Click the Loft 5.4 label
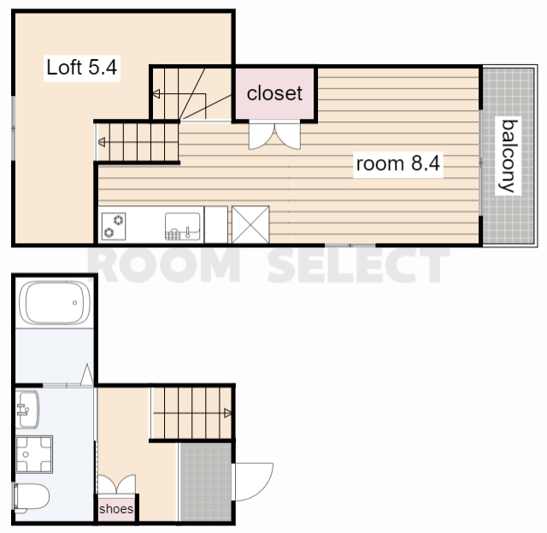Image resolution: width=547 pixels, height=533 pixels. click(82, 68)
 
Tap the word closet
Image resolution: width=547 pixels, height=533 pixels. click(274, 93)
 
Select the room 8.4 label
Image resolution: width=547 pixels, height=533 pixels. click(397, 163)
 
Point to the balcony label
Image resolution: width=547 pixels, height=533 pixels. click(509, 156)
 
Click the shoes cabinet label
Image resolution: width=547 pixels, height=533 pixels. click(116, 509)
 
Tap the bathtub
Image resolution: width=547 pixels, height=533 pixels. click(55, 303)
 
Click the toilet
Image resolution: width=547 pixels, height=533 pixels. click(32, 497)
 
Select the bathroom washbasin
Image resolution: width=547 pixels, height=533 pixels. click(27, 409)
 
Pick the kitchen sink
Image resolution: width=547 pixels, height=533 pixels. click(182, 227)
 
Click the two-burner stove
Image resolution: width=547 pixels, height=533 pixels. click(114, 226)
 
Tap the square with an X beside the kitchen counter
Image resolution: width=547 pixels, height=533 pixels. click(250, 224)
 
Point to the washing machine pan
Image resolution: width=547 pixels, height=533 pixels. click(34, 454)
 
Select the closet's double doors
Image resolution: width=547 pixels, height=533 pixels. click(274, 135)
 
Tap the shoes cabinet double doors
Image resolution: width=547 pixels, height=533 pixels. click(116, 484)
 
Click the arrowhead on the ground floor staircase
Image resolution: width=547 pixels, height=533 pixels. click(227, 413)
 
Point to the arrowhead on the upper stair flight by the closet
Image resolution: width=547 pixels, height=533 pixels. click(156, 93)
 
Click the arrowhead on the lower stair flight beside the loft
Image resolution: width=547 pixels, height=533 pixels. click(102, 142)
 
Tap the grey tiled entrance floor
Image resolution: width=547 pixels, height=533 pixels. click(205, 482)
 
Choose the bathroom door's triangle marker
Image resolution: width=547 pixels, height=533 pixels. click(87, 375)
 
